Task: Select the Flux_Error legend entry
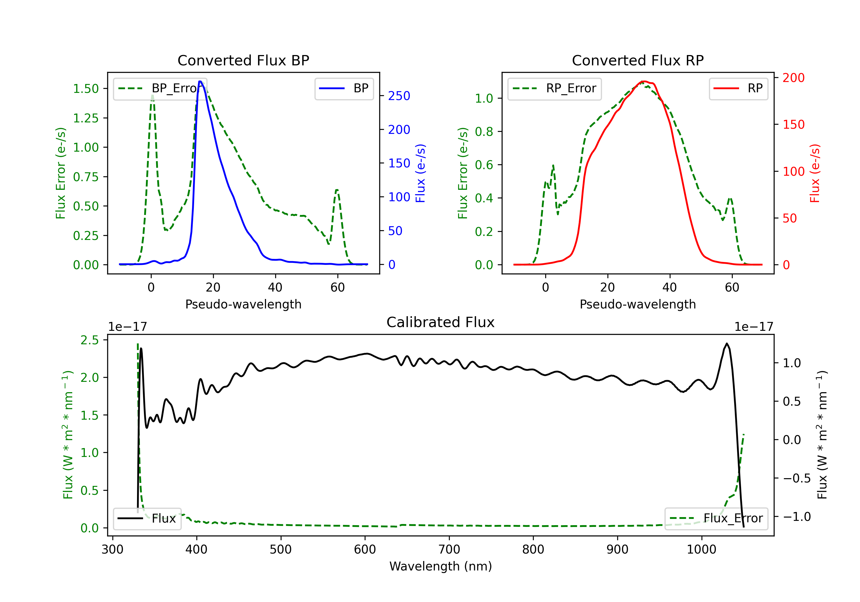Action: [x=716, y=519]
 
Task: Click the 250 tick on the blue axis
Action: [x=399, y=96]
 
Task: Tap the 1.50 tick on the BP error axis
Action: [x=86, y=89]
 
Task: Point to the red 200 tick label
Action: [x=793, y=78]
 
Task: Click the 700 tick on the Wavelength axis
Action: [x=449, y=550]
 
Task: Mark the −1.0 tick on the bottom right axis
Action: [x=797, y=517]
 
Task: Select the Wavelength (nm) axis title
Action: [x=441, y=566]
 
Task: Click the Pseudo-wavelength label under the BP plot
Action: [x=243, y=304]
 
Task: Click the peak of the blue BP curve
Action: [x=200, y=81]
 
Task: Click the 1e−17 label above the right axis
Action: [x=754, y=327]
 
